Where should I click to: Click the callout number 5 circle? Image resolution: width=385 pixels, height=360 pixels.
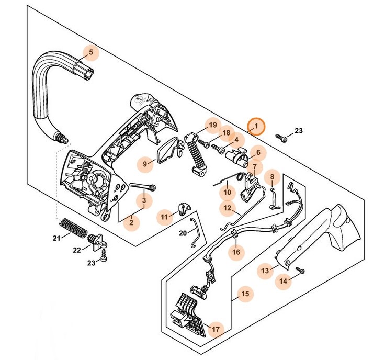(90, 53)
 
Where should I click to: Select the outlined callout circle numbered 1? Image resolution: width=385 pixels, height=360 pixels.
(257, 126)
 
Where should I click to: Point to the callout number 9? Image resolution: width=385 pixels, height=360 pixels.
(146, 164)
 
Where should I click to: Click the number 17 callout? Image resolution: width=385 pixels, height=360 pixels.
(215, 329)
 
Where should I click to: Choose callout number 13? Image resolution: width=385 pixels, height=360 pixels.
(265, 271)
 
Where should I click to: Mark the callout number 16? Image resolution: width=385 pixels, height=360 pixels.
(236, 252)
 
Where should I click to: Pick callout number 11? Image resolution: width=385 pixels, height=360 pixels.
(165, 217)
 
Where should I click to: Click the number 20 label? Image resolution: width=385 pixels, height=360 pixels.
(183, 233)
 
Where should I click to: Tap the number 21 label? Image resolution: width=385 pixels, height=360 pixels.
(56, 239)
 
